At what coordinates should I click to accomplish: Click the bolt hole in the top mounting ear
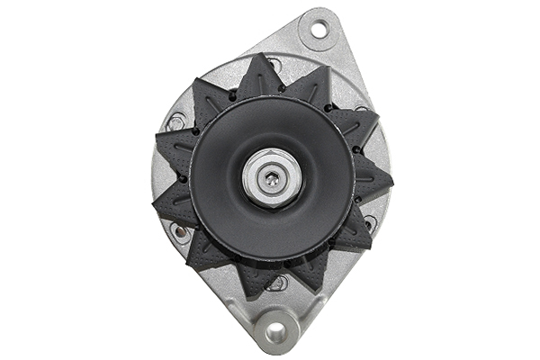click(319, 31)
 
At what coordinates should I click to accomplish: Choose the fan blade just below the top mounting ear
click(310, 86)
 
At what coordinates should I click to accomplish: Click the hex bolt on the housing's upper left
click(175, 121)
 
